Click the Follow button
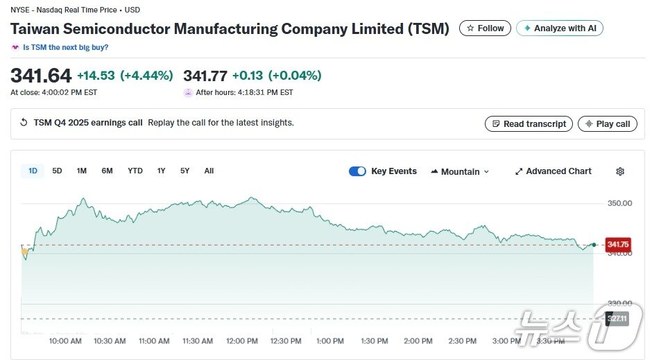[x=485, y=28]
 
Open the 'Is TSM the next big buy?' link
[x=65, y=47]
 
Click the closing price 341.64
[x=41, y=75]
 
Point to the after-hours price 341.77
[x=205, y=75]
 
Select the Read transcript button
[x=529, y=123]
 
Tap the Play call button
[x=607, y=123]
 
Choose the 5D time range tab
[x=58, y=171]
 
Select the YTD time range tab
[x=135, y=171]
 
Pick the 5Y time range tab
[x=185, y=171]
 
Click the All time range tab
[x=209, y=171]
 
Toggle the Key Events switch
[x=357, y=171]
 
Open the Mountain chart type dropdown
[x=460, y=171]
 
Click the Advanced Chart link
[x=553, y=171]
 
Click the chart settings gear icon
[x=620, y=171]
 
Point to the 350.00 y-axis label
[x=619, y=203]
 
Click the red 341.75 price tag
[x=617, y=244]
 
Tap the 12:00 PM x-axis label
[x=242, y=341]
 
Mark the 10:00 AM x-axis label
[x=66, y=341]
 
